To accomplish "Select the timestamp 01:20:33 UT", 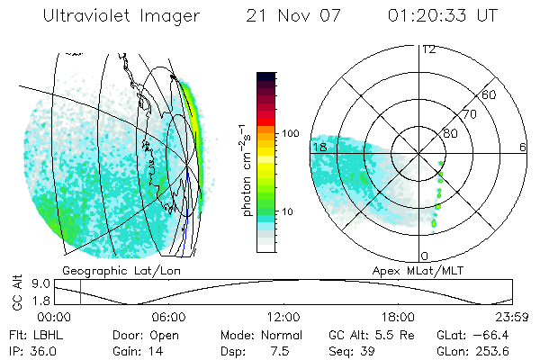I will point(443,16).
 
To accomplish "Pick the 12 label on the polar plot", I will point(428,49).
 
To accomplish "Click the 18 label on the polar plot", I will point(319,147).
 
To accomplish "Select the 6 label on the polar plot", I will point(523,147).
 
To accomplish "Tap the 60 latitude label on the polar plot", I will point(490,94).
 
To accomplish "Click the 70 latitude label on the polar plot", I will point(469,114).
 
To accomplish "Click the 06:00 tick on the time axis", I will point(168,317).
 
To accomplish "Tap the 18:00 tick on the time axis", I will point(398,317).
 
